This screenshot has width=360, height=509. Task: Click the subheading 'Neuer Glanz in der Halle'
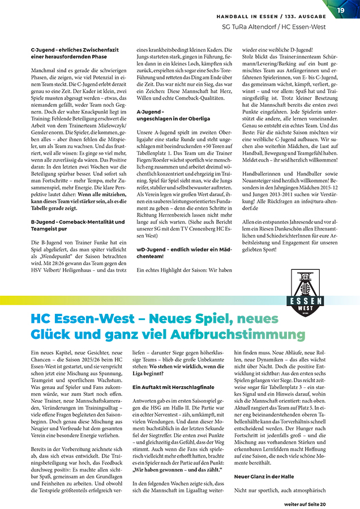(264, 476)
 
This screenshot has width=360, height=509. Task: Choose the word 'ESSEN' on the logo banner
(306, 300)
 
